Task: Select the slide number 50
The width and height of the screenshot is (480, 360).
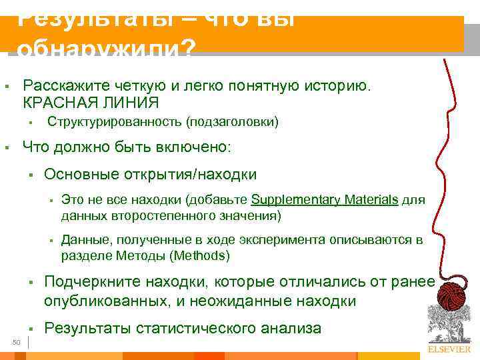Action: (17, 342)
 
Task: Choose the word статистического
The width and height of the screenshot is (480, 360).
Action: (210, 328)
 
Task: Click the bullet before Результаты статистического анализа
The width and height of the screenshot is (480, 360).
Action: (31, 329)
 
